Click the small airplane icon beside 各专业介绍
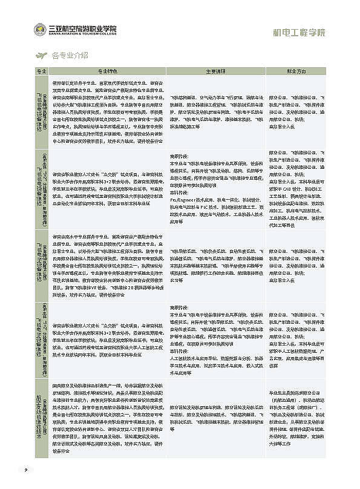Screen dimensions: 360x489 click(41, 56)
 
